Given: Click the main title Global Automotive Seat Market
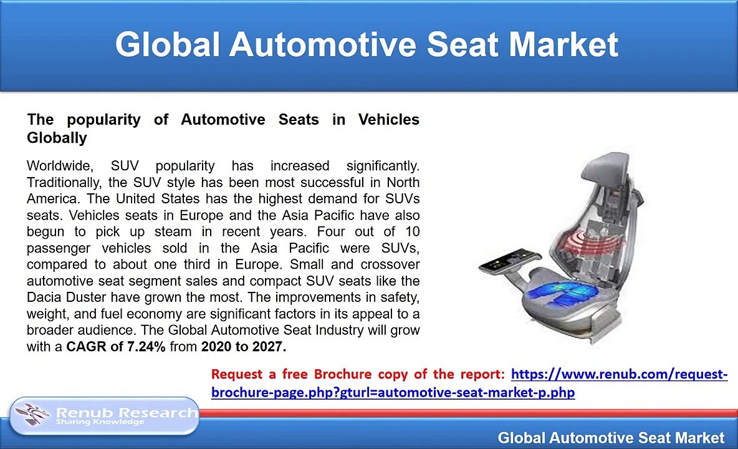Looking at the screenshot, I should click(x=367, y=45).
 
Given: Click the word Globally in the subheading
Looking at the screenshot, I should click(x=57, y=138).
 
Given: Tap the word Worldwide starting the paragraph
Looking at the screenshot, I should click(x=59, y=166).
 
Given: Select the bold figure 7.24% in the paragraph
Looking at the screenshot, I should click(x=146, y=347).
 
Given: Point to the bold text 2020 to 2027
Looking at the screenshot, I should click(x=243, y=347).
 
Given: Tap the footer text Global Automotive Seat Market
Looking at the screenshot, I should click(x=611, y=438).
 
